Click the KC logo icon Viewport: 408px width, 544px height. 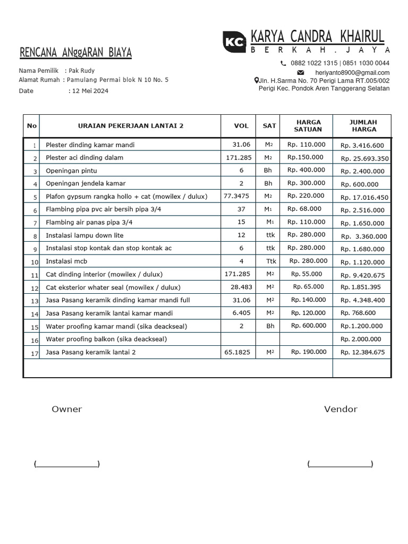[234, 41]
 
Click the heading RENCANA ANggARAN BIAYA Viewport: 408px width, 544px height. [75, 53]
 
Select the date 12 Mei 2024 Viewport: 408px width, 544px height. [90, 91]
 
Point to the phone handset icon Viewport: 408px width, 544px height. [283, 63]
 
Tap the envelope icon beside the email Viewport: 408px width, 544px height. [301, 72]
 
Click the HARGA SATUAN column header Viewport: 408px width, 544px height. [308, 126]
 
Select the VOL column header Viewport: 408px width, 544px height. [241, 126]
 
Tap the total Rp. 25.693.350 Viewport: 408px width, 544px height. [364, 158]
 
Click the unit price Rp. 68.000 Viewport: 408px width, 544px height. [304, 209]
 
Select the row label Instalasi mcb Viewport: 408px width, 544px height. [66, 261]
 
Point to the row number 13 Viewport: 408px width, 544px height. [35, 301]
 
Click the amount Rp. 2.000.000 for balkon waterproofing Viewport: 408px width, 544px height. [361, 339]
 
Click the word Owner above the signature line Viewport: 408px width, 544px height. [67, 409]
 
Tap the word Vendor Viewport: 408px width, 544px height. [341, 409]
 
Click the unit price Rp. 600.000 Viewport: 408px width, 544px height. [309, 326]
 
